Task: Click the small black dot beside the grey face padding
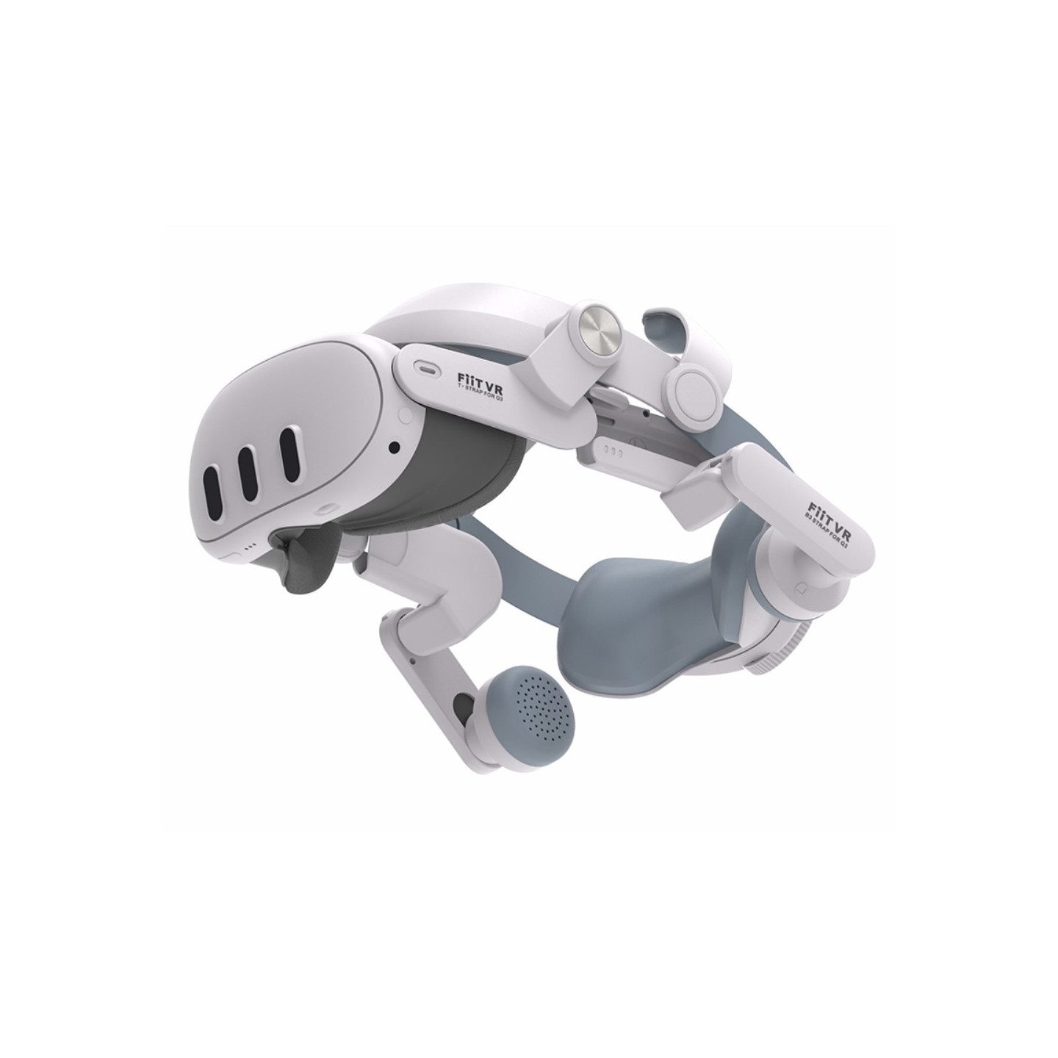pos(395,446)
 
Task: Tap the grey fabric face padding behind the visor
pos(456,470)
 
